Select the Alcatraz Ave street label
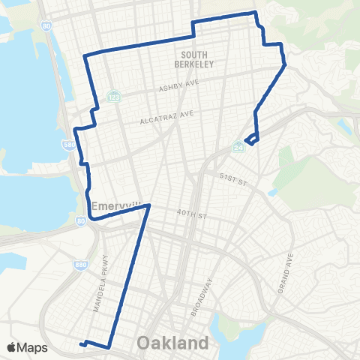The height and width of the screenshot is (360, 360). point(166,116)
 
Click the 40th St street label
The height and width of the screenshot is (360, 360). point(192,215)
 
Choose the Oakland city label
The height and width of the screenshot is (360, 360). point(172,343)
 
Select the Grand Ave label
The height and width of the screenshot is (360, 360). point(289,273)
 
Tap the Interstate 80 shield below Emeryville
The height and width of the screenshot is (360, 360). point(80,220)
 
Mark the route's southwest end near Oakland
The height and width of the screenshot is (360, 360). point(79,345)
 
